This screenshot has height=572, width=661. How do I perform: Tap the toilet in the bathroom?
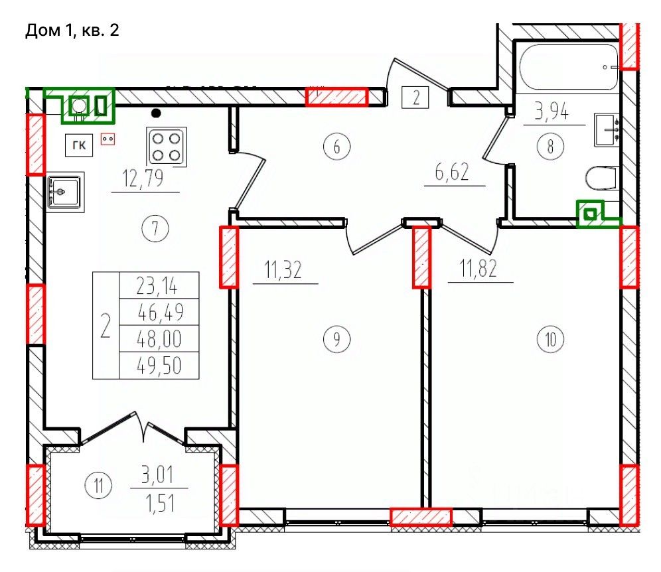tap(601, 179)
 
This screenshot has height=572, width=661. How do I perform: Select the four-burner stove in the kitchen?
tap(167, 146)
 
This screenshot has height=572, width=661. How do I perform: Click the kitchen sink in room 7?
tap(64, 192)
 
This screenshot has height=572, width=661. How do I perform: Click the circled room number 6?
tap(336, 147)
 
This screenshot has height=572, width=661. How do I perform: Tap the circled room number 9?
tap(336, 339)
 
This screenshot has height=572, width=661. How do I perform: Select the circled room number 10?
tap(551, 339)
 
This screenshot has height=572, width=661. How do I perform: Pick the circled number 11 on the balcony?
tap(98, 485)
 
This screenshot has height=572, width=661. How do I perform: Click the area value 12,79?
tap(143, 179)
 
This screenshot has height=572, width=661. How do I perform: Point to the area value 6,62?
tap(452, 172)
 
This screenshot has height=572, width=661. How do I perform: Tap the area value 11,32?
tap(283, 270)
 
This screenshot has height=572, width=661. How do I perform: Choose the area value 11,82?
tap(478, 268)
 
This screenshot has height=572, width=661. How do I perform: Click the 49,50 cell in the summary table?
tap(159, 366)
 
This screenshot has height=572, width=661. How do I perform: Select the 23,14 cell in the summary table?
tap(159, 285)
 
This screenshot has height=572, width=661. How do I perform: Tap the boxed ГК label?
tap(79, 145)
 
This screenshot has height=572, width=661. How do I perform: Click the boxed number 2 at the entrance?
tap(415, 98)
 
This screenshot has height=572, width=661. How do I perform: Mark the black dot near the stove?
tap(157, 113)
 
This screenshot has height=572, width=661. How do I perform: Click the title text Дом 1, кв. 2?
tap(72, 31)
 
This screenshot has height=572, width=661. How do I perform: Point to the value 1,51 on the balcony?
tap(160, 503)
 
